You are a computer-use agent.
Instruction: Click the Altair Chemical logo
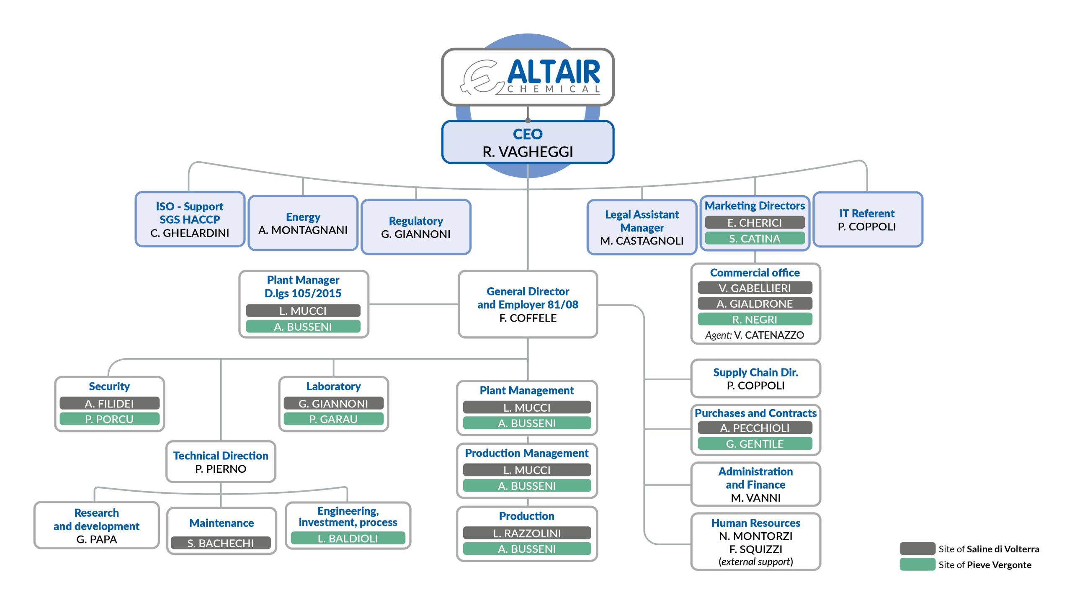tap(531, 77)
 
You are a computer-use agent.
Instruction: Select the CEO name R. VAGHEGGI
tap(528, 152)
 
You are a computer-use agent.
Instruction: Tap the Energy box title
tap(303, 217)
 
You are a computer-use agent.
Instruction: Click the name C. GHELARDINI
tap(190, 233)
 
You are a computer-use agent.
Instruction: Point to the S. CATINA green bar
tap(755, 238)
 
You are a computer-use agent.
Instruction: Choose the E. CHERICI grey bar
tap(755, 222)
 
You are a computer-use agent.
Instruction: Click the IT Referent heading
tap(867, 213)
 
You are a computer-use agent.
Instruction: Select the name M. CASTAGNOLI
tap(642, 241)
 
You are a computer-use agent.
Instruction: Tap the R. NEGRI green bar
tap(755, 319)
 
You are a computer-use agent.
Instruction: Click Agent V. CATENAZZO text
tap(755, 335)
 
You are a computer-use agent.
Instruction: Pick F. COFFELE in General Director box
tap(528, 318)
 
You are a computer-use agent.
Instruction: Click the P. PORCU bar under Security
tap(109, 419)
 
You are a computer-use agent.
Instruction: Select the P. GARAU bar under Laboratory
tap(333, 419)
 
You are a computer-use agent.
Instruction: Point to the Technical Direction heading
tap(221, 456)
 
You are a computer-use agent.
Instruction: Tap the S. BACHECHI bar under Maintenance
tap(221, 543)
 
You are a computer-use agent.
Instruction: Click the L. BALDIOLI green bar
tap(348, 538)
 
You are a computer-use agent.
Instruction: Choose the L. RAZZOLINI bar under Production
tap(527, 533)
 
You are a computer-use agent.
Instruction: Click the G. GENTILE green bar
tap(755, 443)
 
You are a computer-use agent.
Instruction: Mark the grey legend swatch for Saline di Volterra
tap(917, 549)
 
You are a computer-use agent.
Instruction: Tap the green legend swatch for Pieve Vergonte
tap(917, 564)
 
